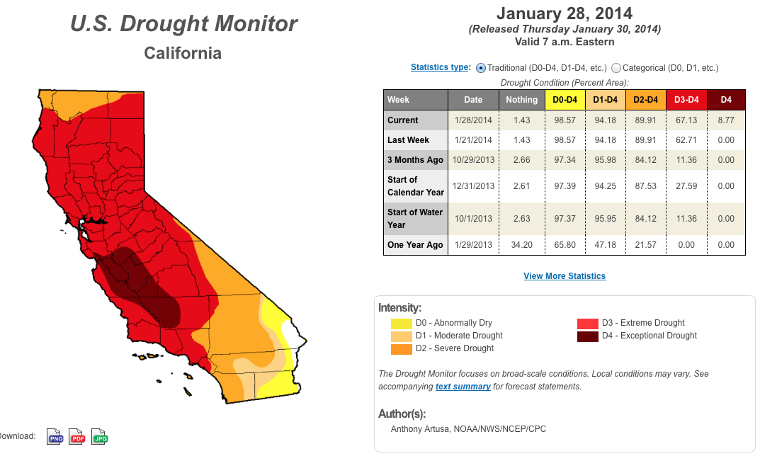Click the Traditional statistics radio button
pos(481,68)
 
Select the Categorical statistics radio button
pos(616,68)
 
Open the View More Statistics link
pos(565,276)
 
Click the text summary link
pos(463,387)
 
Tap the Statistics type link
pos(440,67)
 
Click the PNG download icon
pos(55,437)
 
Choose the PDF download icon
pos(77,437)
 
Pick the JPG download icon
pos(100,437)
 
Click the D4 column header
pos(726,100)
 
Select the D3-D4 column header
pos(686,100)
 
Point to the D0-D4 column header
pos(565,100)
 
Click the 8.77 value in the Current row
pos(726,120)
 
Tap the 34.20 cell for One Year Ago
pos(521,245)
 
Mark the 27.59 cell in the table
pos(686,186)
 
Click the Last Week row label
pos(408,140)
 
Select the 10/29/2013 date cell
pos(474,160)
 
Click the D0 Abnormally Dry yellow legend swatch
pos(402,324)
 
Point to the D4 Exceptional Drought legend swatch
pos(587,336)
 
